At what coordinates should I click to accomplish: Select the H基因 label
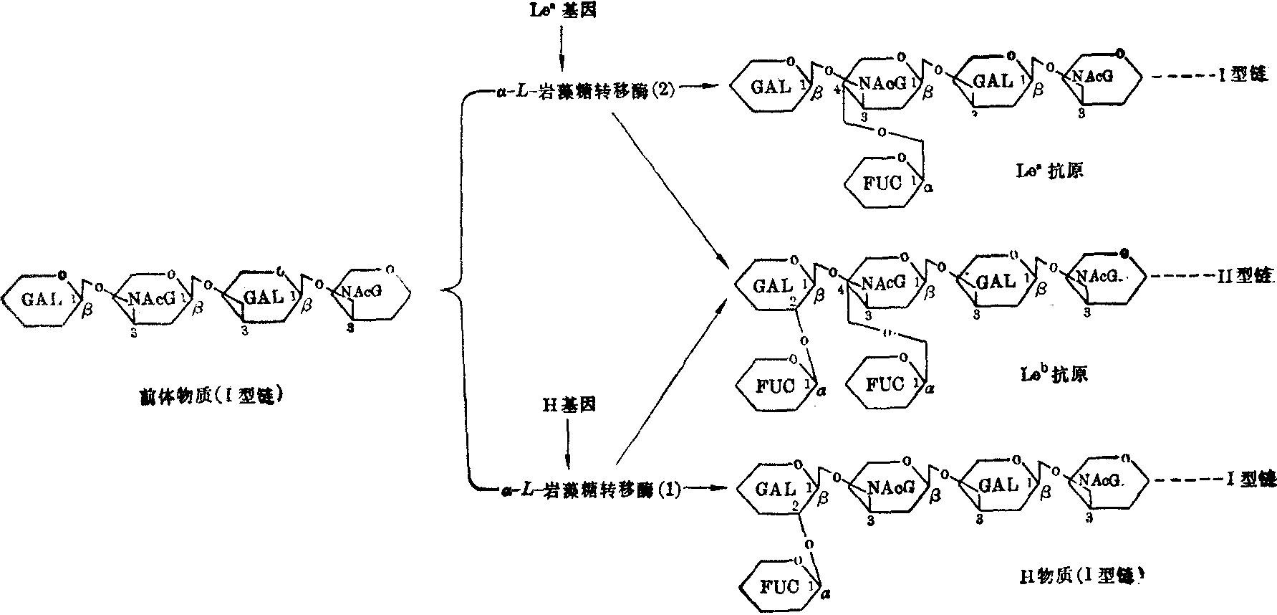tap(568, 406)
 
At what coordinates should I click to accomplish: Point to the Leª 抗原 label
tap(1050, 171)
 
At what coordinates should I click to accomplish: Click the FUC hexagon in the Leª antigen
tap(882, 183)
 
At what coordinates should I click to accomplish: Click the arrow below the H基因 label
tap(568, 444)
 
